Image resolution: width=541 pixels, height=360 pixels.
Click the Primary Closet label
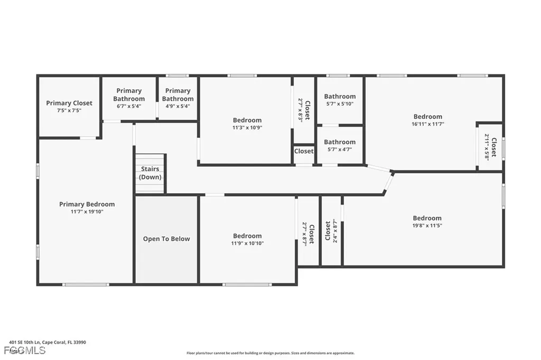(69, 103)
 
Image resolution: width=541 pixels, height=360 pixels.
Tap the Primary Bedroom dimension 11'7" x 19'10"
(87, 212)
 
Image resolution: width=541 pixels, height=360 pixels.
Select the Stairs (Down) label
(150, 173)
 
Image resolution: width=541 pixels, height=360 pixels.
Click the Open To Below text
(166, 239)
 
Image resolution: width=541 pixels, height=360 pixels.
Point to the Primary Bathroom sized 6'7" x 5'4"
(129, 98)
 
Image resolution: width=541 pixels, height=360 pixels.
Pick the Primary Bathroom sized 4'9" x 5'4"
(178, 98)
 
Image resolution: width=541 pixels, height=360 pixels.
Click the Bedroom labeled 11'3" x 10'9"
(247, 124)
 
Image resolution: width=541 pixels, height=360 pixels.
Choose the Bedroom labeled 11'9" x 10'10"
(247, 239)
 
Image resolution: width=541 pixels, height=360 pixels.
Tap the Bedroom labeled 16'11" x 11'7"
(427, 120)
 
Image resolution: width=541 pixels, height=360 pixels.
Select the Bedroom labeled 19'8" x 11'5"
(427, 221)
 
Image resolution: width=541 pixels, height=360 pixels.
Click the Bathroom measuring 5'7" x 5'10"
(340, 100)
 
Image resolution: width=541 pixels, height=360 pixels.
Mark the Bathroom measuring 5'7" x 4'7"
(340, 145)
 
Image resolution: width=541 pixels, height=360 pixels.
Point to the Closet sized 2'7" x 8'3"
(304, 110)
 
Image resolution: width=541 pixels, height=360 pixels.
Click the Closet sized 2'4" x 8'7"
(331, 231)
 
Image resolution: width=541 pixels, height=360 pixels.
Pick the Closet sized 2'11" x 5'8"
(490, 148)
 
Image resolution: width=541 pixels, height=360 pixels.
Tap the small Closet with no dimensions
(304, 151)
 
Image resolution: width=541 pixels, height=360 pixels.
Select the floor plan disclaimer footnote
(270, 353)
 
